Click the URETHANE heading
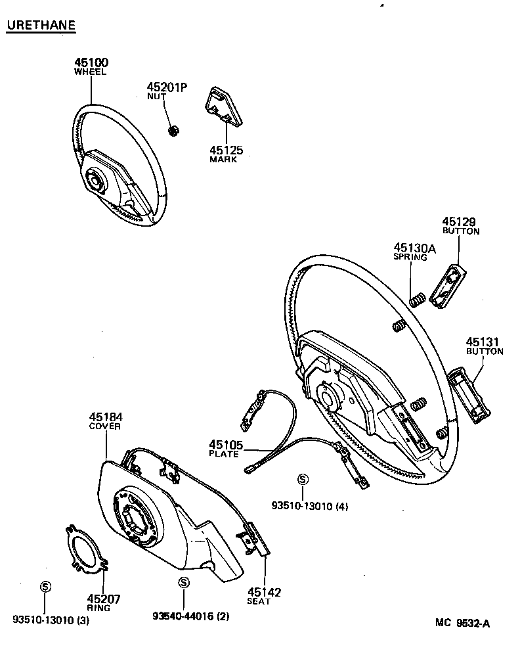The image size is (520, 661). coord(41,26)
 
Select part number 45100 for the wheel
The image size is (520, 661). coord(91,63)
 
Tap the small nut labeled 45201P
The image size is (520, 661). coord(174,130)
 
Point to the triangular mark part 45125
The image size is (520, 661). coord(225,106)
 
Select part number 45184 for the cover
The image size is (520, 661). coord(106,417)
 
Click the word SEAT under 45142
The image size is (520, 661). coord(259,601)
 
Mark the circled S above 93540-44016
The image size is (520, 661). coord(183,583)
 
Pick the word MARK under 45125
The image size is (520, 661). coord(223,160)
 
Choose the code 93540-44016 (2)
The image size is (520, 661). coord(191,616)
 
